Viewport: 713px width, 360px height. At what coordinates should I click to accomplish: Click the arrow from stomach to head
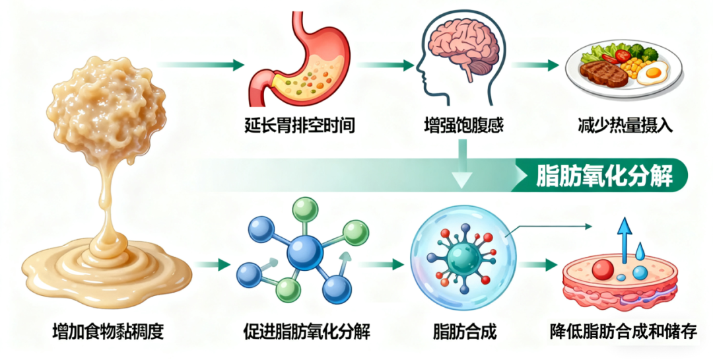point(386,65)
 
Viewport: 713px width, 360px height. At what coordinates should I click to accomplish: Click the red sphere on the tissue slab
point(602,269)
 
